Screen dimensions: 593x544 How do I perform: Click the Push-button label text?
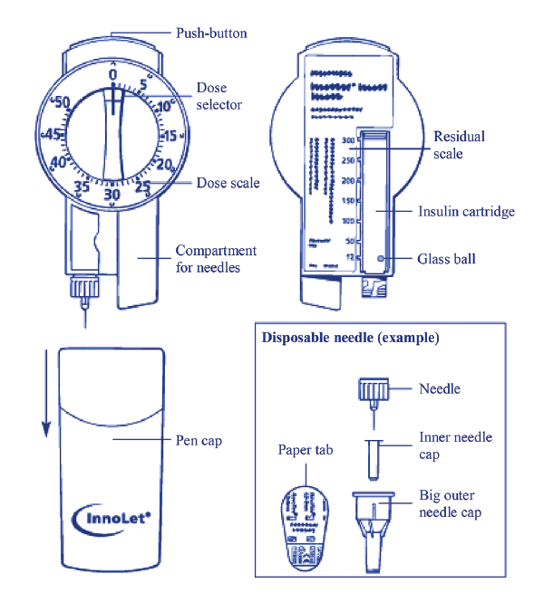tap(210, 33)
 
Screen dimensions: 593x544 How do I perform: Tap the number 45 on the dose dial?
tap(53, 135)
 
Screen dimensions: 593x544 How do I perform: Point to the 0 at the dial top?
tap(112, 74)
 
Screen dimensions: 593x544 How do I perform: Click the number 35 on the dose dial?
tap(82, 187)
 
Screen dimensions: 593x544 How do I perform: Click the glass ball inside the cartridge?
tap(381, 258)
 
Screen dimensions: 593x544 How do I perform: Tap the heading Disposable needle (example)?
tap(351, 339)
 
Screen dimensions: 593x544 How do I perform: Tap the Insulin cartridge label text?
tap(466, 212)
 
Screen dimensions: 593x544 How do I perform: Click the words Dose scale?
tap(228, 183)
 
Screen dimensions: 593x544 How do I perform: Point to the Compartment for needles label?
tap(216, 259)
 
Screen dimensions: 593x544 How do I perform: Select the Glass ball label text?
tap(447, 259)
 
